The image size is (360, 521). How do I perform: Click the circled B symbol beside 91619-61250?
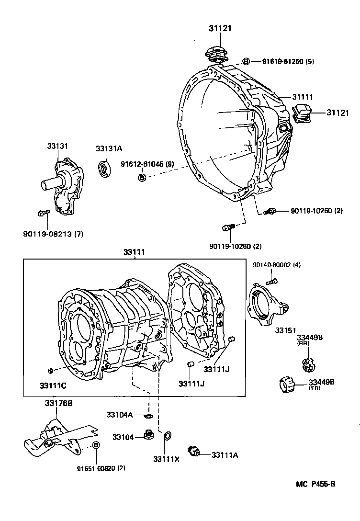point(246,61)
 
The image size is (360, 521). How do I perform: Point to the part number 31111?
point(303,97)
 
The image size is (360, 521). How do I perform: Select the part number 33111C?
point(53,385)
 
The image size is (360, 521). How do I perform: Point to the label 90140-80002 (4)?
point(277,265)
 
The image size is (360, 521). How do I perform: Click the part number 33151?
point(285,330)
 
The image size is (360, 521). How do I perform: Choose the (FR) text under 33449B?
point(314,388)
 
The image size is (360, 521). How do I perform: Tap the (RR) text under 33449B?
point(303,344)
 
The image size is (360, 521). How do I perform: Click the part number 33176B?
point(59,404)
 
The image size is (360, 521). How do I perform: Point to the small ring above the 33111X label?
point(167,436)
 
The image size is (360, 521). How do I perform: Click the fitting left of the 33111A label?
point(194,451)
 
